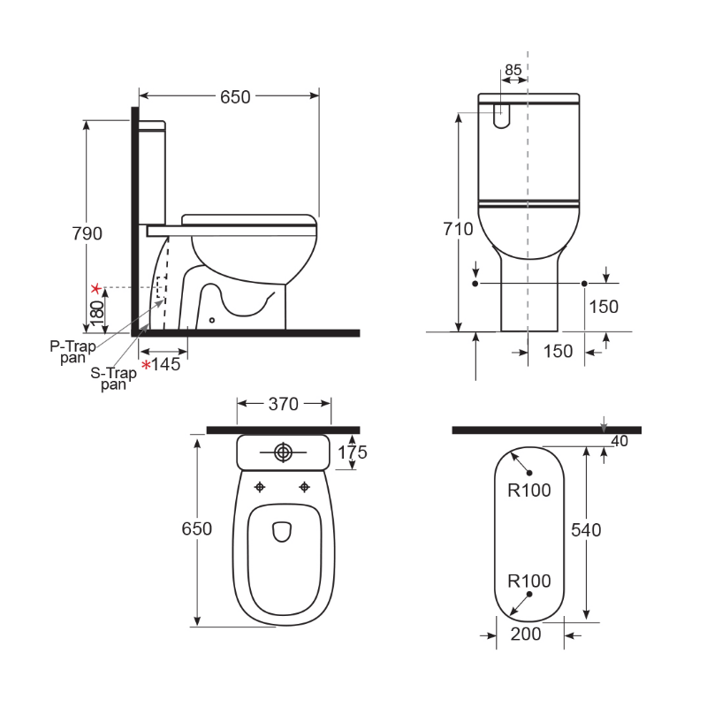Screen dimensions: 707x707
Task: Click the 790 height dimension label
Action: pyautogui.click(x=87, y=233)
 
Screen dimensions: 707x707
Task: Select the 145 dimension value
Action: pyautogui.click(x=166, y=363)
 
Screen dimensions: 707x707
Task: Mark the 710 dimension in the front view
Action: pyautogui.click(x=459, y=229)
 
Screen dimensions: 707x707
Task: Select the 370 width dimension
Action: pyautogui.click(x=284, y=404)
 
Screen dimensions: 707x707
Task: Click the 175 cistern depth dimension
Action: pyautogui.click(x=353, y=452)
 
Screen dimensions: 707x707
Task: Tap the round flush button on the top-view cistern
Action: pyautogui.click(x=283, y=452)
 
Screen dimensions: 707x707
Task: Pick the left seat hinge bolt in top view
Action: pyautogui.click(x=261, y=486)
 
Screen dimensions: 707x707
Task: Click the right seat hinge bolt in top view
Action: pyautogui.click(x=305, y=486)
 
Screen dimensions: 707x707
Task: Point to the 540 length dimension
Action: pyautogui.click(x=585, y=529)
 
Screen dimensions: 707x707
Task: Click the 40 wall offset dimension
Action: pyautogui.click(x=619, y=441)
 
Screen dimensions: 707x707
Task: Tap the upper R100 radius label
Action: pyautogui.click(x=528, y=490)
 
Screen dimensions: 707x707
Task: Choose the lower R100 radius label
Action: pyautogui.click(x=528, y=581)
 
